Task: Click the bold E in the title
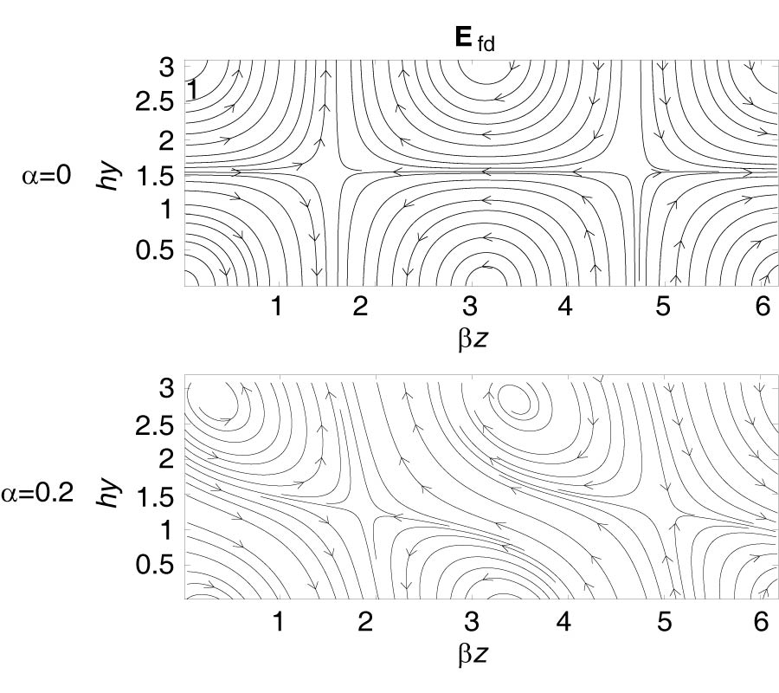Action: click(463, 37)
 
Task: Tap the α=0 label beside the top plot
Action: click(47, 175)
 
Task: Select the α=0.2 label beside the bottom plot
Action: click(37, 493)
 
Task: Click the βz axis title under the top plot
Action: click(473, 339)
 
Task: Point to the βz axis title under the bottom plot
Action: click(473, 654)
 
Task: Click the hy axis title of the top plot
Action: click(107, 174)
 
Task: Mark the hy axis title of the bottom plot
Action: click(107, 493)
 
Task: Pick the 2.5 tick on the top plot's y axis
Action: click(155, 103)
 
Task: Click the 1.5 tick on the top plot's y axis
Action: click(155, 176)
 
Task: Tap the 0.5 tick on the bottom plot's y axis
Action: click(155, 566)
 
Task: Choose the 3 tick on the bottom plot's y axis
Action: click(167, 388)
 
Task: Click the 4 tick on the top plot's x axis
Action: click(564, 307)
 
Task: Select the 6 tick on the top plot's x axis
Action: click(763, 307)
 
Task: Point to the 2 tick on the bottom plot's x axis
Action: click(365, 621)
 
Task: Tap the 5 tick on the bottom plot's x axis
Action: click(664, 621)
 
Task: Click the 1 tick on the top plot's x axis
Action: click(277, 307)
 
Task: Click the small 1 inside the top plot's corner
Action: click(192, 90)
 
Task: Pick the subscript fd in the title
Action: click(486, 45)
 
